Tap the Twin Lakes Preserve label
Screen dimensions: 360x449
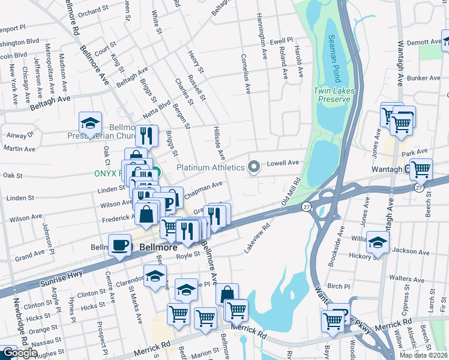click(331, 95)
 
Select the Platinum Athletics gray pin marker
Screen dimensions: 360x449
click(254, 167)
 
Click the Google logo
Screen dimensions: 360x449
click(19, 353)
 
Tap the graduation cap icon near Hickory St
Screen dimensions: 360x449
click(378, 242)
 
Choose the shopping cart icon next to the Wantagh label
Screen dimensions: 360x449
click(421, 170)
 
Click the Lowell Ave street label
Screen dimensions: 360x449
click(283, 163)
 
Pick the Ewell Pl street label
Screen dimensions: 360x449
click(280, 41)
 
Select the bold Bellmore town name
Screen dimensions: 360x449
click(158, 247)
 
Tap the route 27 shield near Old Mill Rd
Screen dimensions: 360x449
click(307, 207)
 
